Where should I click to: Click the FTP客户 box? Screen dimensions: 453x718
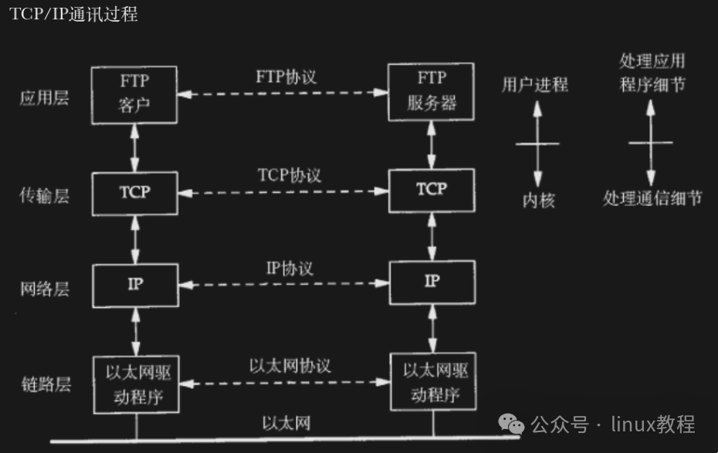134,94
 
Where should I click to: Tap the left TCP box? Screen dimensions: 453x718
134,193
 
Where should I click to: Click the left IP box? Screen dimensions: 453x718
134,284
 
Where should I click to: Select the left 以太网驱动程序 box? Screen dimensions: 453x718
134,384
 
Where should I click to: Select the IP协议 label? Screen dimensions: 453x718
290,268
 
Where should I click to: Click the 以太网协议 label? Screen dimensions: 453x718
290,365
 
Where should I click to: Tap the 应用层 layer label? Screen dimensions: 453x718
45,98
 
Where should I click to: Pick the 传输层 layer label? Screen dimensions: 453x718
45,196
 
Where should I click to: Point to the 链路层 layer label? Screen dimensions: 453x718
46,384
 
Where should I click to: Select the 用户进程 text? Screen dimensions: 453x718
534,85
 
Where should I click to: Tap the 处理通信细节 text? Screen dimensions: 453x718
652,199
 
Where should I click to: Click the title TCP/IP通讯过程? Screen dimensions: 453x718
74,15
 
